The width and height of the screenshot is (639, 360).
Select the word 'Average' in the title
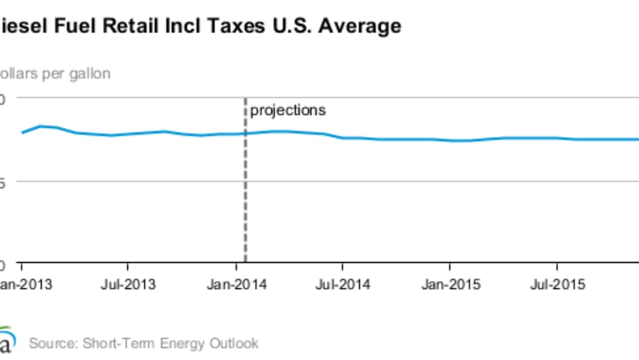tap(361, 27)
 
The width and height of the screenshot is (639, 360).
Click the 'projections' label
tap(288, 110)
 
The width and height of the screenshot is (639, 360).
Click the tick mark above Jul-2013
tap(128, 267)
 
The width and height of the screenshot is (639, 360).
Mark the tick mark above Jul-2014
tap(342, 267)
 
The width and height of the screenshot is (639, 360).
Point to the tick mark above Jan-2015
tap(449, 267)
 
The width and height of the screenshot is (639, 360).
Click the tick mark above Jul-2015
tap(556, 267)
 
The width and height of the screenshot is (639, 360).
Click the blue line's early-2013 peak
tap(40, 126)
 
